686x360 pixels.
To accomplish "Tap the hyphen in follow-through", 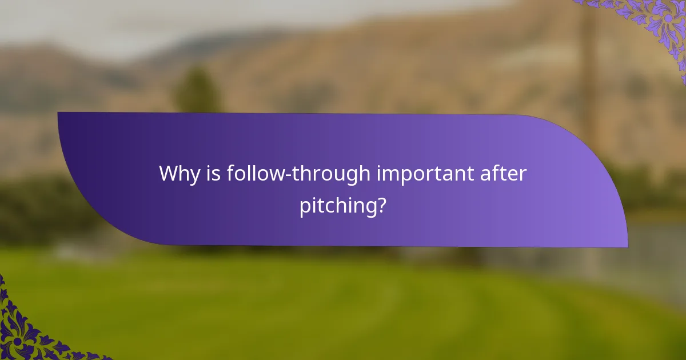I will coord(291,175).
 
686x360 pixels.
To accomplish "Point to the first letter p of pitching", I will coord(305,206).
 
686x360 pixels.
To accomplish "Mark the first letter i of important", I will coord(378,173).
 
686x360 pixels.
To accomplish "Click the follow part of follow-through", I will coord(257,173).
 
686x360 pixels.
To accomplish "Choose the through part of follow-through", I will coord(332,173).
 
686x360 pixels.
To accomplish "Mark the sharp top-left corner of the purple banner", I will coord(58,113).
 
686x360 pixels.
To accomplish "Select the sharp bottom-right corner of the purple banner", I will coord(627,247).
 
